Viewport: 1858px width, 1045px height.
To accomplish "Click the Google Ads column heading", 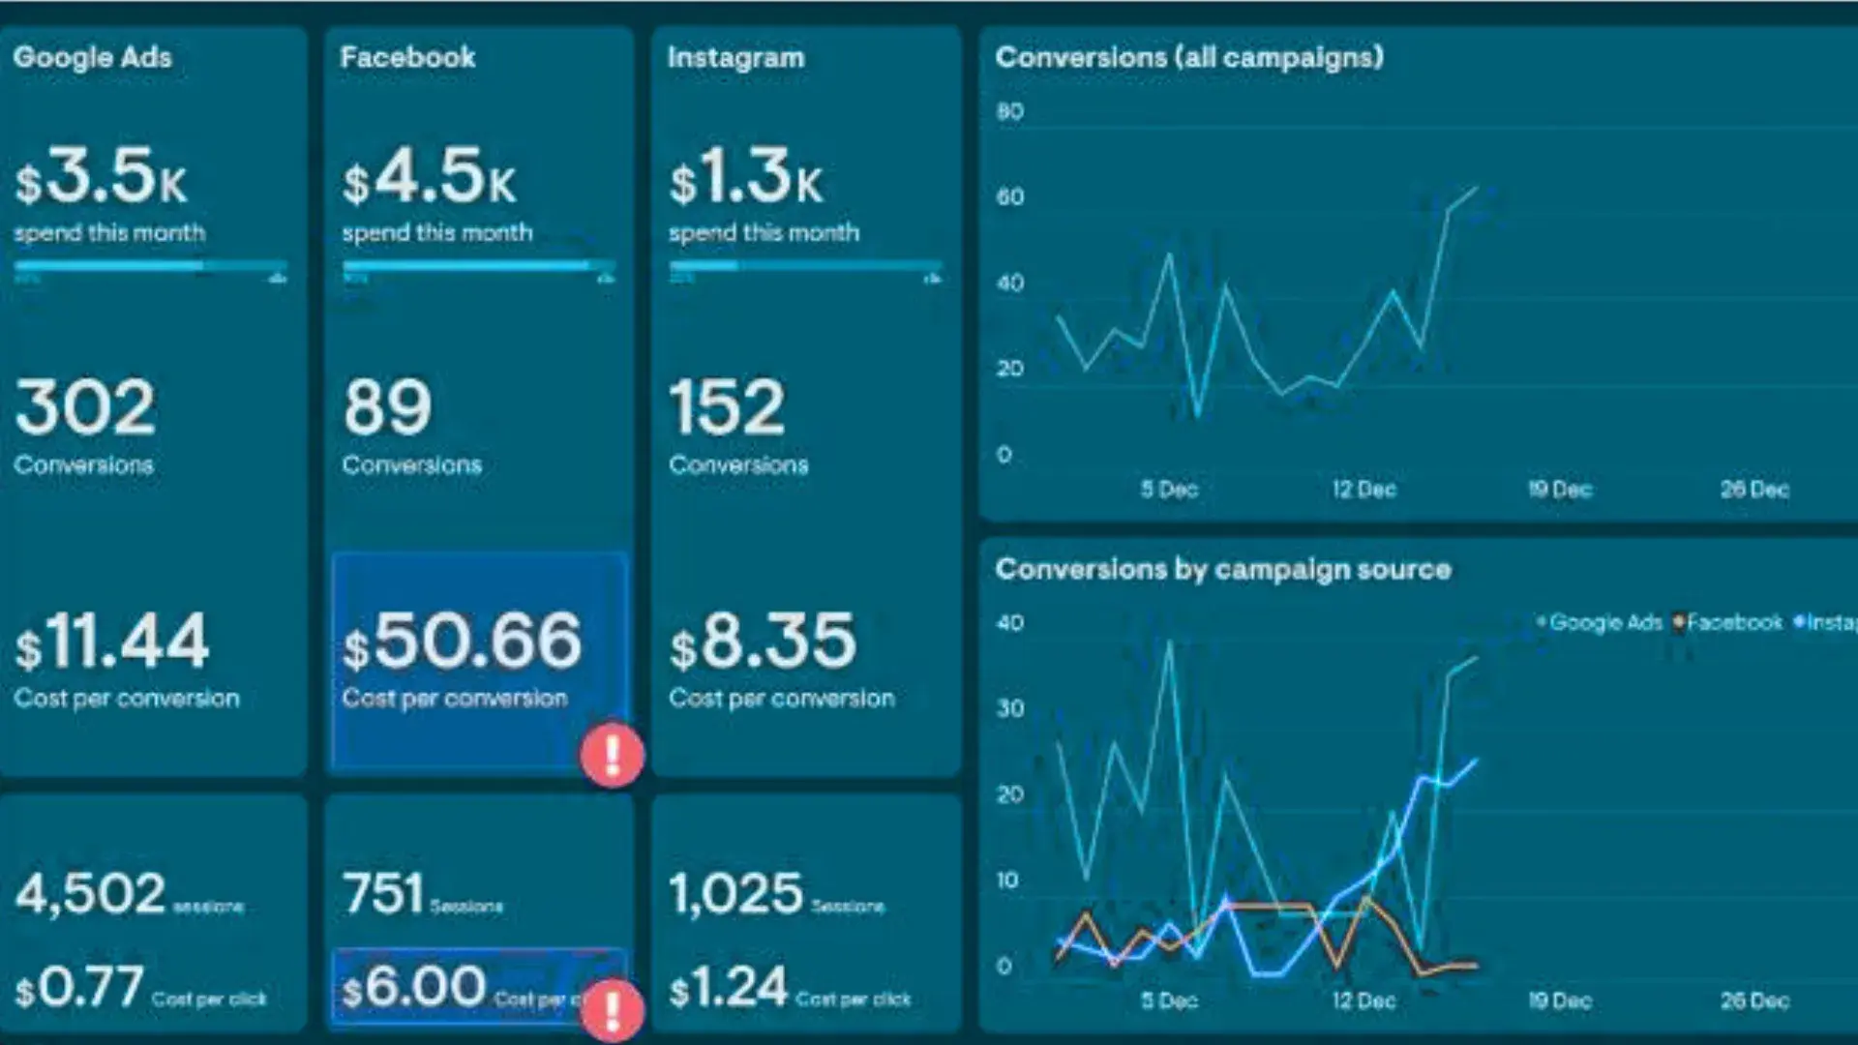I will tap(92, 57).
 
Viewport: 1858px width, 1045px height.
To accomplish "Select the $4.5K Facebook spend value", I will tap(429, 177).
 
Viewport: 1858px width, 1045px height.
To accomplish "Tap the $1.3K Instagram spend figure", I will tap(745, 177).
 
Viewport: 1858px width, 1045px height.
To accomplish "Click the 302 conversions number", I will tap(85, 407).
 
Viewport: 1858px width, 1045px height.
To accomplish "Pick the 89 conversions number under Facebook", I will tap(387, 407).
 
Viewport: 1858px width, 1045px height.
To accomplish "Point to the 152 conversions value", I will tap(727, 407).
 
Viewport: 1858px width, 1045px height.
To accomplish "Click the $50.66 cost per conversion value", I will tap(463, 642).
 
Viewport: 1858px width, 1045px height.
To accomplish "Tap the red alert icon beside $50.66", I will tap(613, 754).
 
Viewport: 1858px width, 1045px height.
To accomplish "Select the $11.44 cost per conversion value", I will tap(111, 642).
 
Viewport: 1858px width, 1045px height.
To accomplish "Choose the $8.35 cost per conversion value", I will tap(763, 642).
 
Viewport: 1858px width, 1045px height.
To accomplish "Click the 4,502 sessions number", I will tap(90, 893).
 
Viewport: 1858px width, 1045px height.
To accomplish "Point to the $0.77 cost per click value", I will tap(79, 988).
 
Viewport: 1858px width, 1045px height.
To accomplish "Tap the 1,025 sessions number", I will tap(735, 893).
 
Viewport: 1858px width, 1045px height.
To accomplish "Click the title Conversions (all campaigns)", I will tap(1188, 57).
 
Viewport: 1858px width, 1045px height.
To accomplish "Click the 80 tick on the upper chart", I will tap(1009, 111).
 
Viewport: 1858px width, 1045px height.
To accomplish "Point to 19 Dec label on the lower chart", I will tap(1559, 1000).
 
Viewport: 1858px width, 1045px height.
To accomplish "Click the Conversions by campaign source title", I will tap(1222, 569).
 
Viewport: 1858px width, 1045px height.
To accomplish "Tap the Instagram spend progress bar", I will tap(805, 264).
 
